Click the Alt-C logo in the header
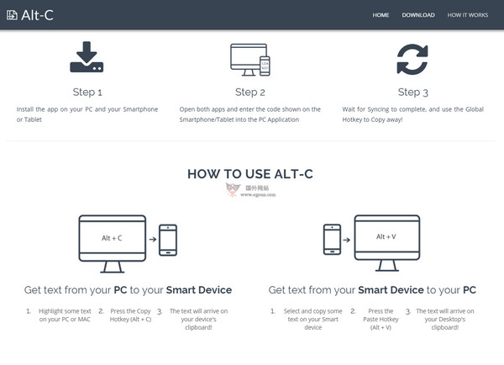coord(29,14)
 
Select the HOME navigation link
coord(381,15)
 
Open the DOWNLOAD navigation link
coord(418,15)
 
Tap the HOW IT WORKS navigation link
coord(468,15)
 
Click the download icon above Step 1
coord(87,58)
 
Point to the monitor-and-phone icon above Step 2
coord(249,58)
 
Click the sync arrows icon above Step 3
coord(412,59)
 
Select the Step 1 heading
coord(87,92)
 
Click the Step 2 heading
coord(249,92)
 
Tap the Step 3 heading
coord(412,92)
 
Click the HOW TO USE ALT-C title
coord(250,174)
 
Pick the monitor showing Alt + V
coord(387,241)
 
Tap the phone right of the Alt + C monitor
coord(168,239)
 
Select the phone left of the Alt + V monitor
coord(331,239)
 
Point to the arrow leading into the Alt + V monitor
coord(348,239)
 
